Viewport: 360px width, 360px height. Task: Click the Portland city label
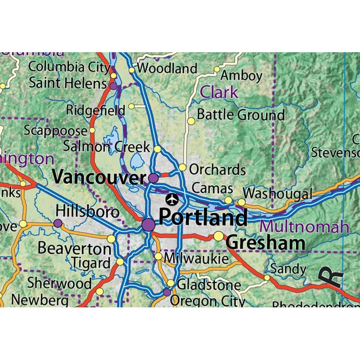[x=203, y=217]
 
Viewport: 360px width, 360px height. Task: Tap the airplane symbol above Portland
[x=172, y=198]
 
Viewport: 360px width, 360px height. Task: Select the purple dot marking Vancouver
[x=153, y=178]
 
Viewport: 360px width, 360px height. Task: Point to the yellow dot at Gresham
[x=219, y=236]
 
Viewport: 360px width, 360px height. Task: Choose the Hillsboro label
[x=88, y=212]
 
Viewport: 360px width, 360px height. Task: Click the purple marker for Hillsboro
[x=58, y=223]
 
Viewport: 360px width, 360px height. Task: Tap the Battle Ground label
[x=241, y=115]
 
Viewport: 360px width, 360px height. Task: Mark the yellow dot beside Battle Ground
[x=191, y=121]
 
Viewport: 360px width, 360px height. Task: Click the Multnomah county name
[x=306, y=226]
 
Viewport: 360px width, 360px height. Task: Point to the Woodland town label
[x=167, y=69]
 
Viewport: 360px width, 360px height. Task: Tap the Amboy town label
[x=241, y=76]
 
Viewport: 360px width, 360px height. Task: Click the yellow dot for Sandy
[x=267, y=278]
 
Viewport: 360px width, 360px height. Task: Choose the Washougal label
[x=278, y=194]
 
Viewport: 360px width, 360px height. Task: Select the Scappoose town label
[x=55, y=130]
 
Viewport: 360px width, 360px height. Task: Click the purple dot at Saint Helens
[x=113, y=85]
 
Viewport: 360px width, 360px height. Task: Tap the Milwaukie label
[x=196, y=258]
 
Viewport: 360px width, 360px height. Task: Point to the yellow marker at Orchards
[x=182, y=167]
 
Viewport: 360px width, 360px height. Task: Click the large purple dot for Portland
[x=148, y=225]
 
